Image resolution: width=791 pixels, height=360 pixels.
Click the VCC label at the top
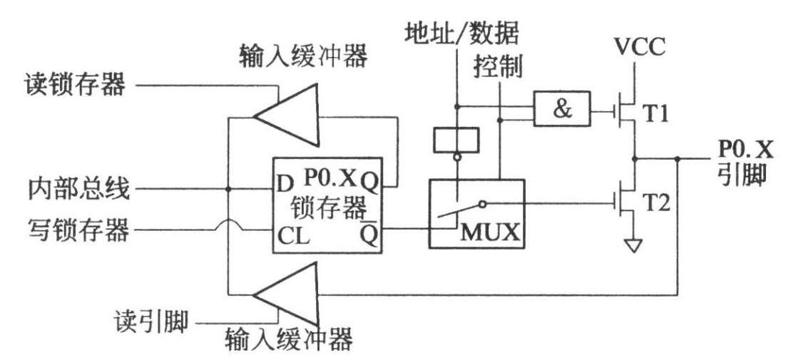(x=640, y=48)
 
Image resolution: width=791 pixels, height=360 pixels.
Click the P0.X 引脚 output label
(x=744, y=160)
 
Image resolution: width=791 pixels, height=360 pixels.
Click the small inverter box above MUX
(x=456, y=138)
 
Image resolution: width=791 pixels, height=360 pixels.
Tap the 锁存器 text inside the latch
(x=326, y=210)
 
